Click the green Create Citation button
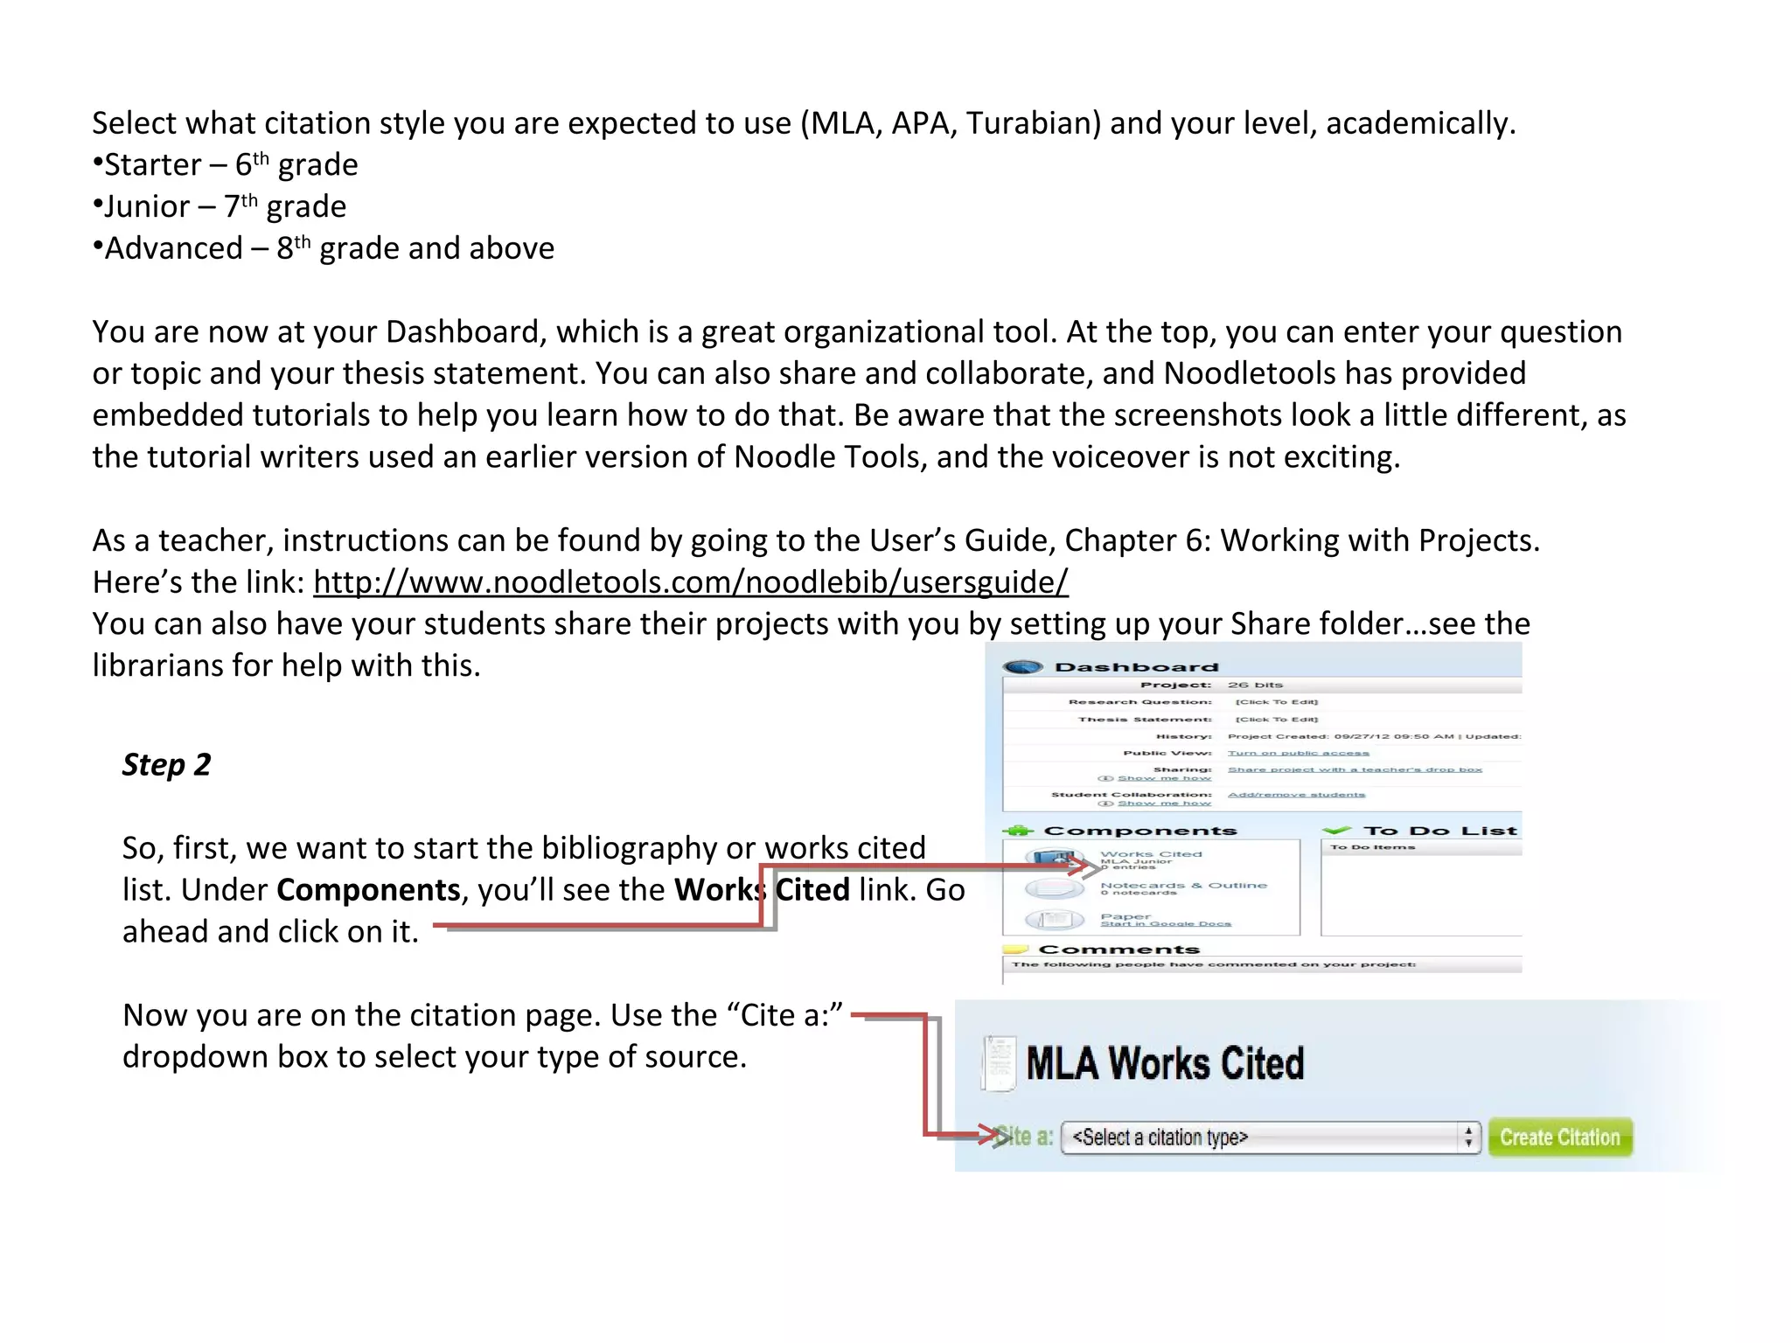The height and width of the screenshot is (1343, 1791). [x=1560, y=1137]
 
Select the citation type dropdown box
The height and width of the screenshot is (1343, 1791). [x=1270, y=1137]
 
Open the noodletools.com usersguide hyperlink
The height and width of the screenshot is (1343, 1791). [x=691, y=582]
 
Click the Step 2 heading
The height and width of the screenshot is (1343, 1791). [x=166, y=765]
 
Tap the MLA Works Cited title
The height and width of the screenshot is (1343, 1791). [x=1165, y=1064]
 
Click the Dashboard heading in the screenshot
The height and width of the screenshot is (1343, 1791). [x=1136, y=667]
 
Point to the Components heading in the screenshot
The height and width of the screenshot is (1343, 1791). [x=1140, y=831]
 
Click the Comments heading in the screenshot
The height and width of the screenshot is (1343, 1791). [x=1119, y=950]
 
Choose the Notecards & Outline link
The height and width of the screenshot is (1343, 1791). [x=1183, y=886]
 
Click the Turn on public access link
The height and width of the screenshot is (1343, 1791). [x=1298, y=753]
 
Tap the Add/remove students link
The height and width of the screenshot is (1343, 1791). [x=1296, y=795]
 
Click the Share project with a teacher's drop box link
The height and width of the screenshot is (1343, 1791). [x=1355, y=769]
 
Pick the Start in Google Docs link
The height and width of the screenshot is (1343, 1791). [x=1165, y=924]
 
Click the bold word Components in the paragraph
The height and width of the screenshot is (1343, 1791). [x=368, y=890]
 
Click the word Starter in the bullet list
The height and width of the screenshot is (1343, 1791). [x=153, y=165]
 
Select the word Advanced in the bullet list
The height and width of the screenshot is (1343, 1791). [x=173, y=249]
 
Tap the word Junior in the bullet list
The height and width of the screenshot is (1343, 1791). [x=147, y=207]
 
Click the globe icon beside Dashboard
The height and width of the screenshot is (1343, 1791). [x=1023, y=667]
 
